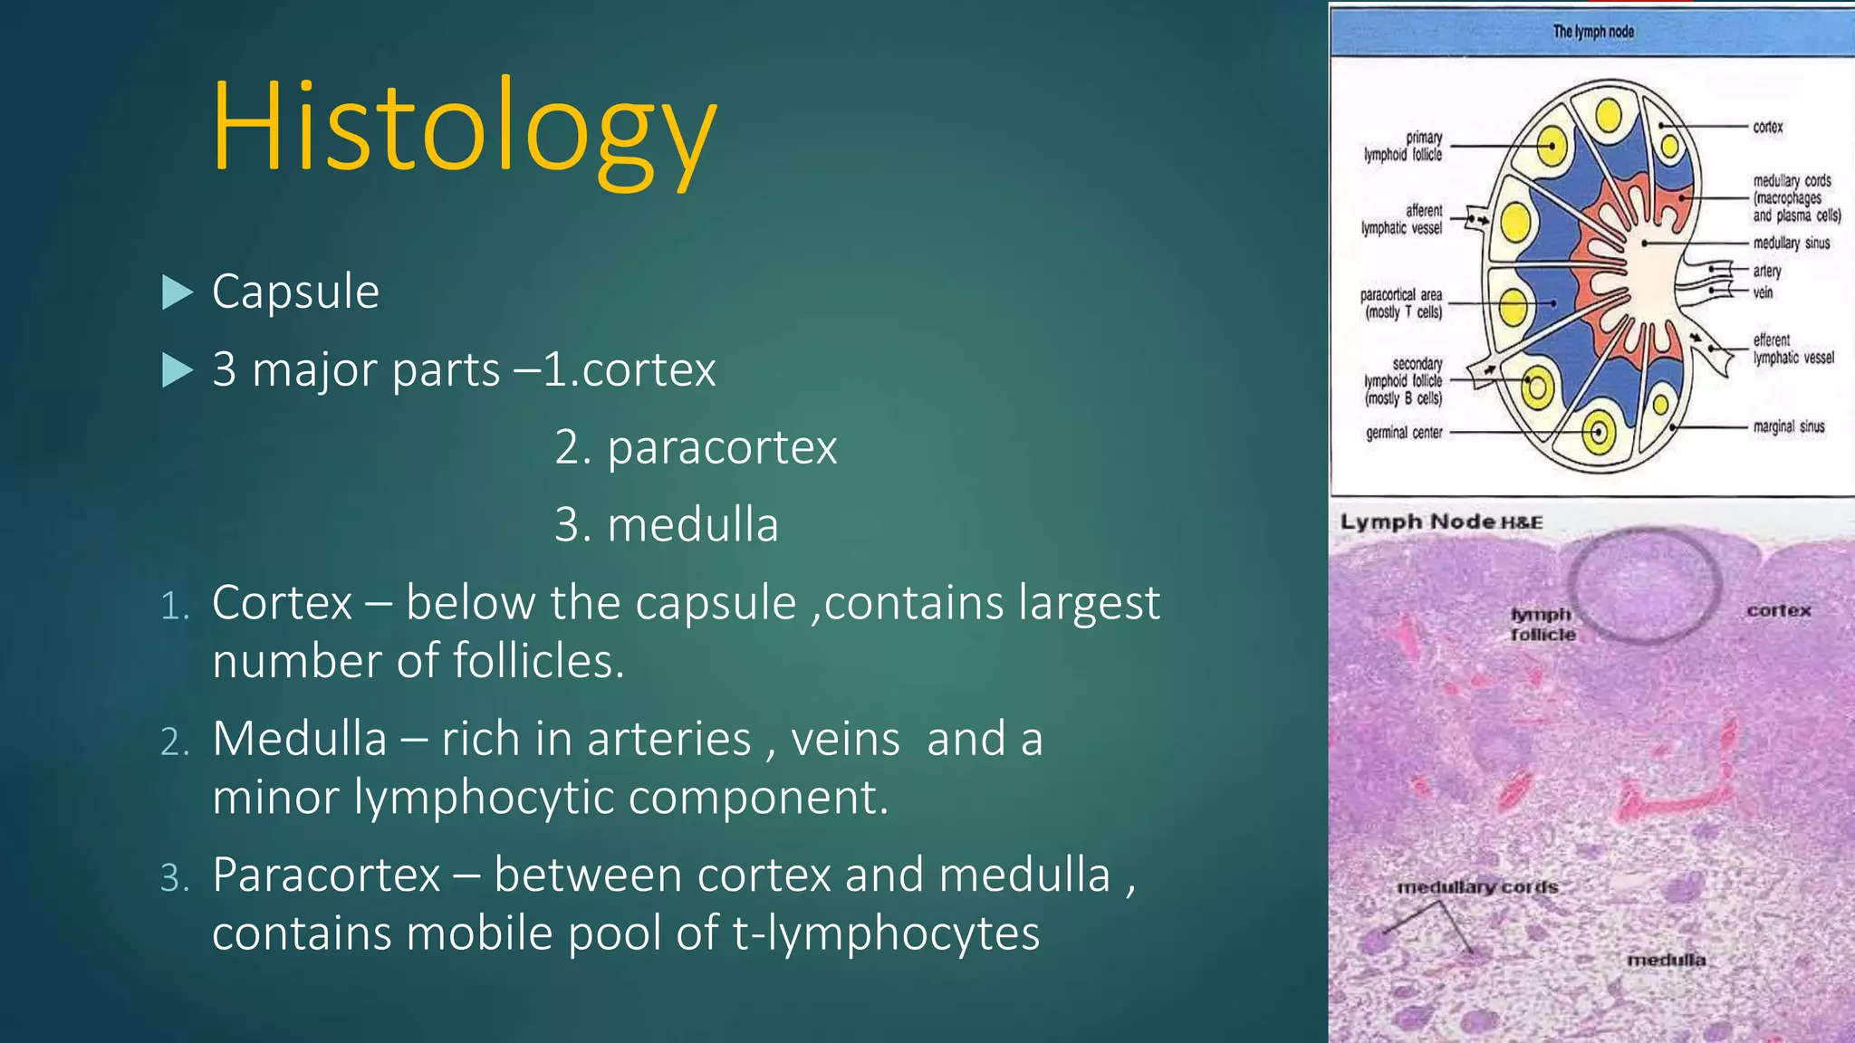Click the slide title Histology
tap(464, 127)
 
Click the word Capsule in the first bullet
tap(295, 292)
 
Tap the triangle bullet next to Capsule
tap(177, 292)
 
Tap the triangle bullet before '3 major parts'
tap(177, 370)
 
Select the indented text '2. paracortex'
tap(696, 447)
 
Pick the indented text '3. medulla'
tap(666, 525)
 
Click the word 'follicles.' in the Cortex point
tap(538, 661)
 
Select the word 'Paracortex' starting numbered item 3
tap(326, 876)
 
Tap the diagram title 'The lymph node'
tap(1593, 32)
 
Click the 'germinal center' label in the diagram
tap(1404, 433)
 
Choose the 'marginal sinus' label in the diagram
tap(1788, 426)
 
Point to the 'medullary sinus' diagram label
tap(1791, 243)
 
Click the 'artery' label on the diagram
tap(1766, 271)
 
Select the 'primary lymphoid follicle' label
tap(1404, 146)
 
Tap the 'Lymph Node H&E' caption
tap(1440, 522)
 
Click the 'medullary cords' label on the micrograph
tap(1477, 887)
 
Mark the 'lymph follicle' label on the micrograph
tap(1543, 625)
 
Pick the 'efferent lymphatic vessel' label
tap(1793, 349)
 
